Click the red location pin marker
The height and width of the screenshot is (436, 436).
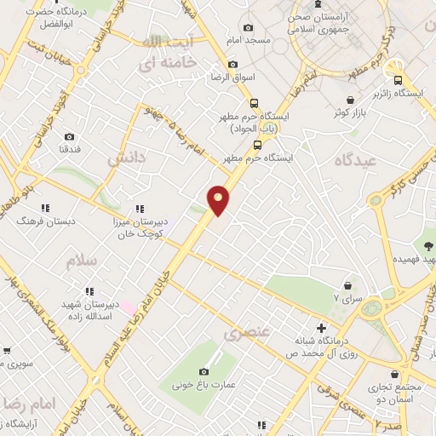219,199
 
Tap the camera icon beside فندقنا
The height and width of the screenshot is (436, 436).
69,136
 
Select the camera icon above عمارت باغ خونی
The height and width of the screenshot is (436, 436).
204,371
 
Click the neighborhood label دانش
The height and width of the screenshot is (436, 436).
122,158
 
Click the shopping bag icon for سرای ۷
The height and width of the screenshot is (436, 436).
347,286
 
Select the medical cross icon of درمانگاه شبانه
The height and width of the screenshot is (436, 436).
320,328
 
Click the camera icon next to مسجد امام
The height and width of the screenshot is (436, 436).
248,27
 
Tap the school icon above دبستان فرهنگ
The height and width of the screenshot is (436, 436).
45,207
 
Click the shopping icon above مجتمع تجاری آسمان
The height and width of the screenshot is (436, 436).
395,374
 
